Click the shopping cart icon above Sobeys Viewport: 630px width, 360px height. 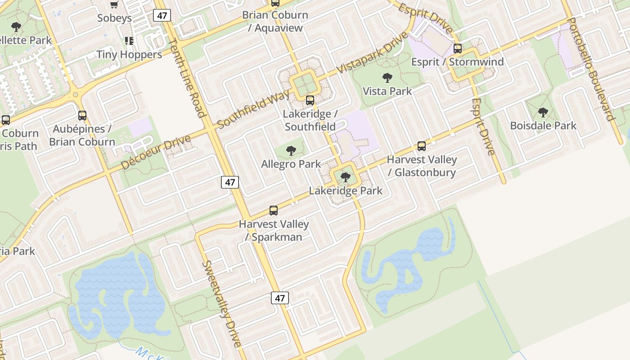coord(114,4)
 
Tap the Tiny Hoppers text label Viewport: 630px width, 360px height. coord(129,54)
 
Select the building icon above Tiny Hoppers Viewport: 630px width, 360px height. coord(129,41)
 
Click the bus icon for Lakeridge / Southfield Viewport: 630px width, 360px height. coord(310,100)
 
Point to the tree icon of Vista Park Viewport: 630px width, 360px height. coord(387,78)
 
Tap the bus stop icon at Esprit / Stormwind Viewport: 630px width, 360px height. coord(458,49)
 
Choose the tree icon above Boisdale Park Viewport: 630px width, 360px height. coord(543,112)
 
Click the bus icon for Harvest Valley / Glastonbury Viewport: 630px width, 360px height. coord(422,146)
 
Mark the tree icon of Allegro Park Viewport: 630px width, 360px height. coord(291,151)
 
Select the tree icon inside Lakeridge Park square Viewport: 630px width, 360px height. coord(346,177)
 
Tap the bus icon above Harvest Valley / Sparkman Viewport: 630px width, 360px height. coord(274,211)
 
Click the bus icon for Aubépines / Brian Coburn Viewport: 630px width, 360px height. coord(82,116)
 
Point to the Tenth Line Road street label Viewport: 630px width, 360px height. coord(187,77)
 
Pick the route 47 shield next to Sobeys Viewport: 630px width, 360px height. coord(162,15)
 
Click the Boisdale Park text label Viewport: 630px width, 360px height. coord(543,126)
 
